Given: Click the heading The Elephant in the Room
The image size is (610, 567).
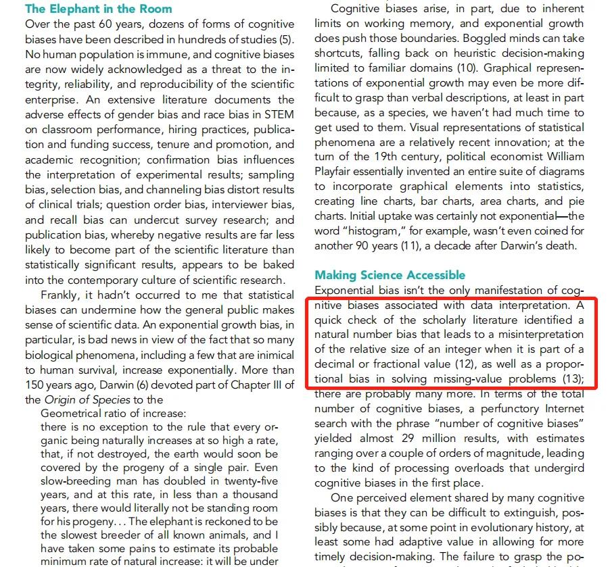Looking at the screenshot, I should (x=99, y=9).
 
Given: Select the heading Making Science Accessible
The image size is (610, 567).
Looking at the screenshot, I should (x=390, y=274).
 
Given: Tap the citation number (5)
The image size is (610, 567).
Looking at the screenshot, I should (x=286, y=39).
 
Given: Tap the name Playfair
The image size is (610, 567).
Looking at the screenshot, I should (x=336, y=172).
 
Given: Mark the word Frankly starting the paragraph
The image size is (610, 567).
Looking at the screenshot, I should (x=62, y=295).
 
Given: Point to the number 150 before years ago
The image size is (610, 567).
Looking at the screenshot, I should (x=37, y=385).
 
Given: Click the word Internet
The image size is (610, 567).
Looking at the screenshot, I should (x=563, y=409).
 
